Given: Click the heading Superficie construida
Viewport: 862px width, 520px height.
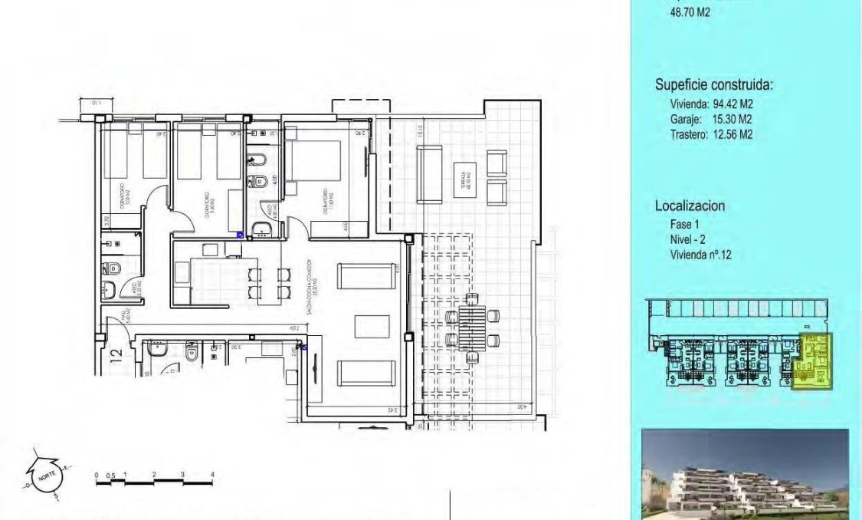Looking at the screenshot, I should click(x=713, y=85).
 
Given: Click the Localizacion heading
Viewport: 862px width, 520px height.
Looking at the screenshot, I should click(x=690, y=206).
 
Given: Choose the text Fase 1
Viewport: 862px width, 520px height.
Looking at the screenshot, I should click(x=685, y=225).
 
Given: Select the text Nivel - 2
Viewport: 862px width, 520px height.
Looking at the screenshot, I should click(x=687, y=239).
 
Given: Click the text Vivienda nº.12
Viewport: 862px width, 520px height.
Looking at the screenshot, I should click(x=700, y=255).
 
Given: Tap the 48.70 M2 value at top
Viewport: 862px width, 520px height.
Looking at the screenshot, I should click(x=690, y=12).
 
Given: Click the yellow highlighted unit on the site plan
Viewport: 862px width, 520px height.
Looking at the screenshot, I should click(x=815, y=360).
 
